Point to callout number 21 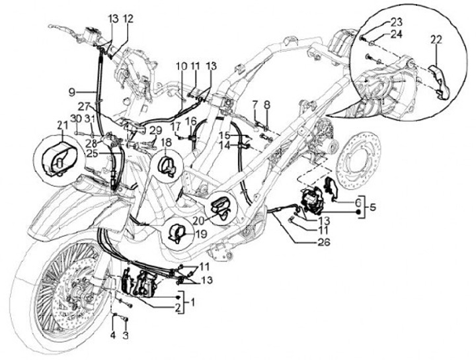point(62,126)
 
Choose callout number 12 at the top point(128,19)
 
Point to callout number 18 point(165,142)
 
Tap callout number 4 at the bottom point(113,336)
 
